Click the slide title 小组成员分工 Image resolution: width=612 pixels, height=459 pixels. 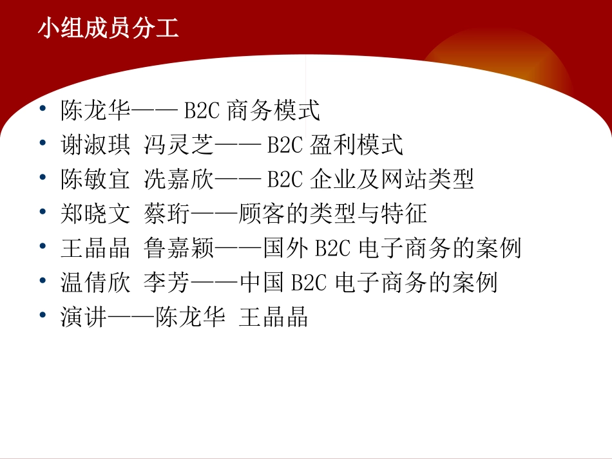coord(108,29)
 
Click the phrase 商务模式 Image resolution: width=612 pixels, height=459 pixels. coord(274,111)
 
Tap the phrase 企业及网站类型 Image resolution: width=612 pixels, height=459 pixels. coord(392,180)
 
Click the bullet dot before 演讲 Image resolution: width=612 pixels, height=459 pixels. coord(43,315)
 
